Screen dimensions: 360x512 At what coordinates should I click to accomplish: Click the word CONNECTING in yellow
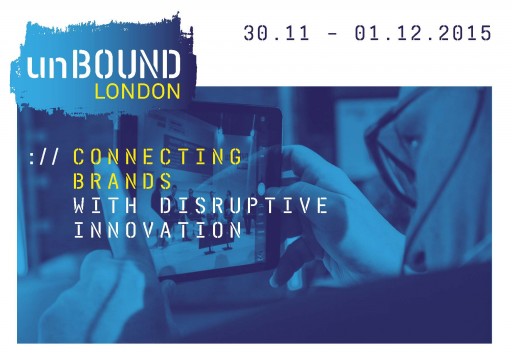coord(158,157)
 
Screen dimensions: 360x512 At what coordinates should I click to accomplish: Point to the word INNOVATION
coord(158,230)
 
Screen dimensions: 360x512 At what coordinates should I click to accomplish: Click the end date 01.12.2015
coord(421,33)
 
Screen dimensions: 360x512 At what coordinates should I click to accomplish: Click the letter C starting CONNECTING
coord(80,157)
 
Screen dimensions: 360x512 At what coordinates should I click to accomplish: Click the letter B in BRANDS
coord(80,182)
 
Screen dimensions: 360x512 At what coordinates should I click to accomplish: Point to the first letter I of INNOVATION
coord(80,230)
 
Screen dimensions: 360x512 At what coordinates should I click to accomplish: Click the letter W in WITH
coord(80,206)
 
